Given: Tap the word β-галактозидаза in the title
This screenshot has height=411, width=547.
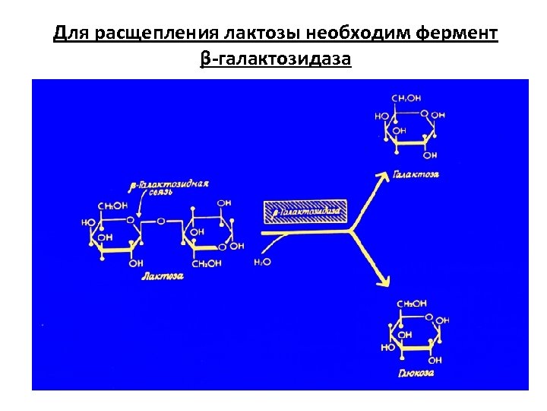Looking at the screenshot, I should tap(276, 59).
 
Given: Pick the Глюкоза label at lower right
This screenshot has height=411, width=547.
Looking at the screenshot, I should tap(416, 374).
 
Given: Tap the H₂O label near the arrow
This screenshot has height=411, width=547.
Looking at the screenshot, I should tap(261, 261).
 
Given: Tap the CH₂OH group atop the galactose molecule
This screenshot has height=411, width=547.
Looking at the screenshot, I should tap(406, 98).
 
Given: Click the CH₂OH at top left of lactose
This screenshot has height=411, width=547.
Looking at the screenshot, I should tap(112, 205).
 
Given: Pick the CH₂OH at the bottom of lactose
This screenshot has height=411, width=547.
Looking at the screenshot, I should tap(206, 263).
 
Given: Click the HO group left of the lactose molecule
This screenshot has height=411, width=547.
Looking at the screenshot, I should tap(87, 223).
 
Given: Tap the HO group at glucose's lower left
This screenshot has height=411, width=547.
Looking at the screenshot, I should tap(388, 346).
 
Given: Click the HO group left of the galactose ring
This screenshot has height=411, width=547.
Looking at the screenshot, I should tap(381, 116).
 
